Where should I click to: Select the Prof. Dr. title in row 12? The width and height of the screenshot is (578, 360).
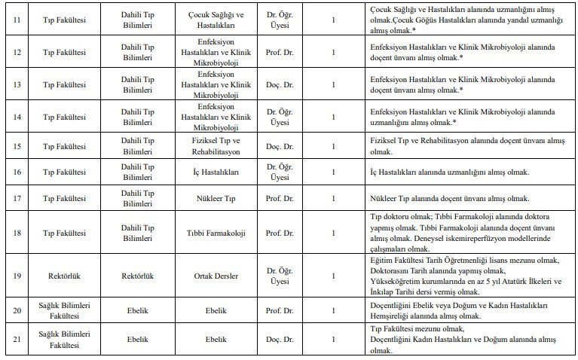(x=279, y=47)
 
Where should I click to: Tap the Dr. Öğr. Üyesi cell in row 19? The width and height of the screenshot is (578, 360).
(x=279, y=276)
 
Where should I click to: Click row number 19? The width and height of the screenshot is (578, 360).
(x=16, y=276)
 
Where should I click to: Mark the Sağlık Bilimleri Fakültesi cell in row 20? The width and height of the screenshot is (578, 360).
(x=64, y=310)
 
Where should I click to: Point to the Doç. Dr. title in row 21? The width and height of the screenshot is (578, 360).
(x=279, y=340)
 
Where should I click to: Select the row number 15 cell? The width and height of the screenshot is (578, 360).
(x=16, y=145)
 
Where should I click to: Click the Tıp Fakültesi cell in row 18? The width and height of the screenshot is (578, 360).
(x=64, y=233)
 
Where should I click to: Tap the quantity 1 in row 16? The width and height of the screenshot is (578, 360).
(x=333, y=172)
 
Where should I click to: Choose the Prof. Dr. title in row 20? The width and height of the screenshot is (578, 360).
(x=279, y=310)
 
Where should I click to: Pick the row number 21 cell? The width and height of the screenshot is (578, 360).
(x=16, y=340)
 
